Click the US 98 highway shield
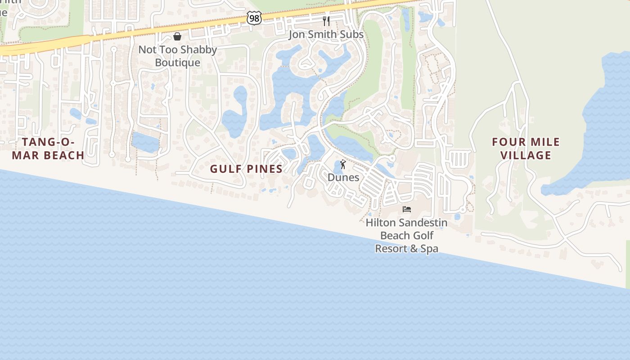(x=254, y=18)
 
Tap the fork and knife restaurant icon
(x=326, y=21)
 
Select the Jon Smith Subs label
(x=326, y=35)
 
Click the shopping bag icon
(x=177, y=36)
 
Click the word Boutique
(x=177, y=63)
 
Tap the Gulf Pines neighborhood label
(x=246, y=169)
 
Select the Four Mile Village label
(x=526, y=148)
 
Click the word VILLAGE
(x=526, y=155)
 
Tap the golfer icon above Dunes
(x=343, y=164)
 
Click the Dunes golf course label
(x=343, y=177)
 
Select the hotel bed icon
(x=407, y=209)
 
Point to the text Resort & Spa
(x=406, y=248)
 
